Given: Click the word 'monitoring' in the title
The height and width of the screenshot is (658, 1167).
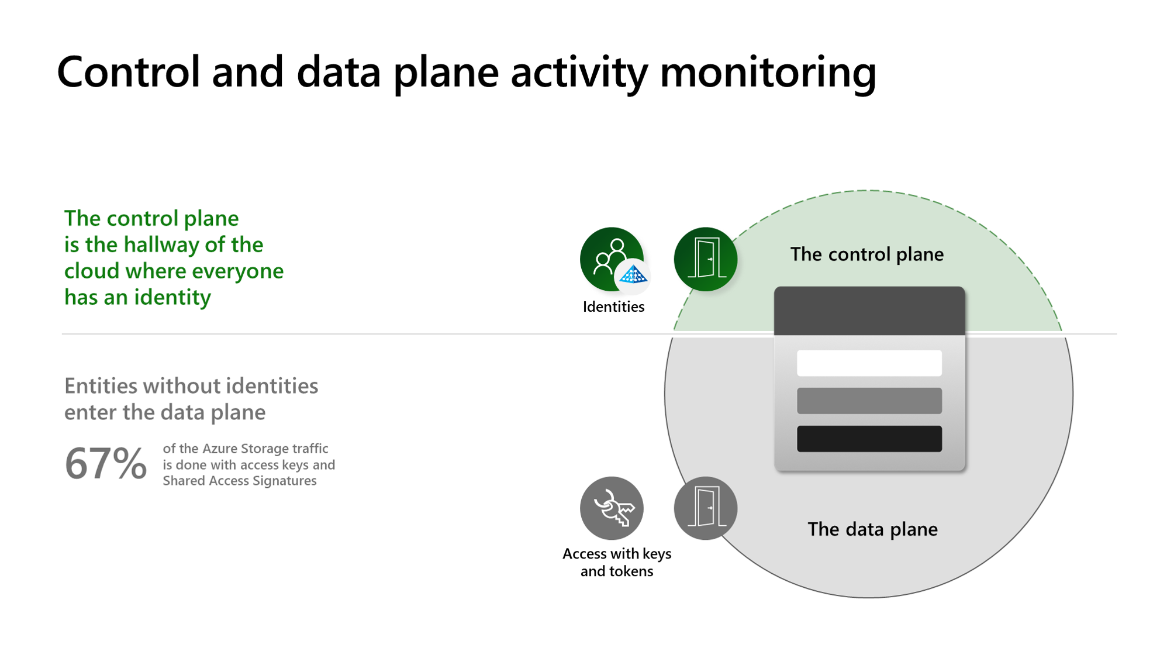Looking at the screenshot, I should pyautogui.click(x=768, y=73).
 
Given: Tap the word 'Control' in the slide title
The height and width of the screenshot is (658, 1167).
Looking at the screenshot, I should pyautogui.click(x=128, y=73).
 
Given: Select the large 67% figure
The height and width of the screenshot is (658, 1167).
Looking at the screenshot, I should pyautogui.click(x=105, y=463).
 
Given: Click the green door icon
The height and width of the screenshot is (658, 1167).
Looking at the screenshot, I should pyautogui.click(x=705, y=259).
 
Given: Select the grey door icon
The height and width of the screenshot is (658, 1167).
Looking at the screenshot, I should pyautogui.click(x=705, y=508).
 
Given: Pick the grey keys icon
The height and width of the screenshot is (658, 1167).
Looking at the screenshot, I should pyautogui.click(x=612, y=508).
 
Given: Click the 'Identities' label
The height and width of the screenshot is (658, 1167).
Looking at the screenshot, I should pyautogui.click(x=613, y=306).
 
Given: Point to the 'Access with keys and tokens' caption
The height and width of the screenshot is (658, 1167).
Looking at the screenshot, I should pyautogui.click(x=617, y=562).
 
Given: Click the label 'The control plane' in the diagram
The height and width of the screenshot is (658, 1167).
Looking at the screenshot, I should pyautogui.click(x=866, y=254).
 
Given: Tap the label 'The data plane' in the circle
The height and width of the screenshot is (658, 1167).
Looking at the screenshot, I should pyautogui.click(x=872, y=529).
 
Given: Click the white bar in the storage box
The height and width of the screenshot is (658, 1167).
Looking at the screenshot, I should pyautogui.click(x=869, y=363).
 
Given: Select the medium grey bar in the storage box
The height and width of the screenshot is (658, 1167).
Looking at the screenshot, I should pyautogui.click(x=869, y=401).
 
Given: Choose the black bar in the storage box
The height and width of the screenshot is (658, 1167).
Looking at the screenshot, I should pyautogui.click(x=869, y=439).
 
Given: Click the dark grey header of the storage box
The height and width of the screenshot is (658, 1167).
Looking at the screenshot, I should pyautogui.click(x=869, y=311).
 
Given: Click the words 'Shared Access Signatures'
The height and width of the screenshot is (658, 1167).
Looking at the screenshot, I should pyautogui.click(x=240, y=481).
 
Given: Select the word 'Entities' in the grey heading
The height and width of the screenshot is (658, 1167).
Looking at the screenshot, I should pyautogui.click(x=101, y=386).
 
